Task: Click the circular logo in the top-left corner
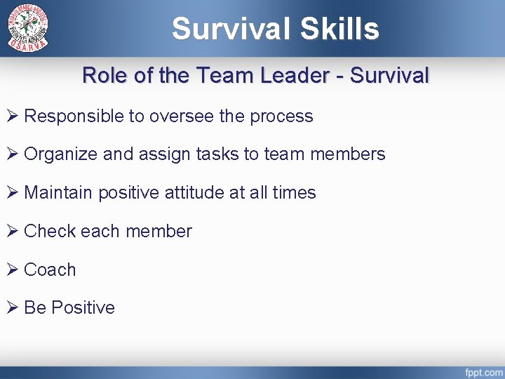[28, 28]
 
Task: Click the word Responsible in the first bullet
[73, 116]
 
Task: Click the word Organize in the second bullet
[61, 154]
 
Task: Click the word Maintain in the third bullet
[58, 192]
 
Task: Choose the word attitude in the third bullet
[196, 192]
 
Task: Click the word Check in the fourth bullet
[50, 231]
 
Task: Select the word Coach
[50, 270]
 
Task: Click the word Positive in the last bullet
[83, 307]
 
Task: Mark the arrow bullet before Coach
[13, 270]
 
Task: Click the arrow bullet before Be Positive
[13, 307]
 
